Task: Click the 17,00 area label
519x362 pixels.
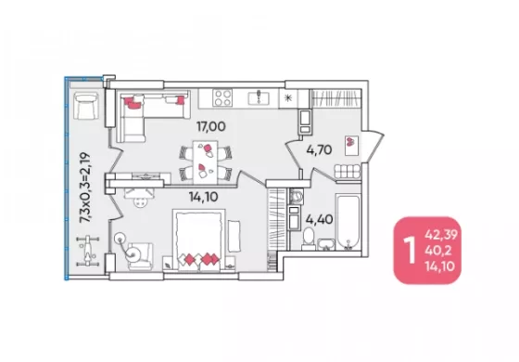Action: click(x=211, y=126)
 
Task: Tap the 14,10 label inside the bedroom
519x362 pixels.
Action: click(x=204, y=197)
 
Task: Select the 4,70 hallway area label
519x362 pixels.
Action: click(x=319, y=150)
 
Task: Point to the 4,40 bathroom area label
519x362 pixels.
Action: click(x=320, y=219)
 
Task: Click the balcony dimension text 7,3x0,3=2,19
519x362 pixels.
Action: click(x=84, y=187)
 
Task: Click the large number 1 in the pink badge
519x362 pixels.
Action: click(x=411, y=251)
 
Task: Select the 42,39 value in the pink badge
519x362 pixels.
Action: click(x=441, y=235)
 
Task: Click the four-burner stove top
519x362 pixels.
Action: click(x=222, y=97)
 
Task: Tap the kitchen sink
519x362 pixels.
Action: click(x=259, y=97)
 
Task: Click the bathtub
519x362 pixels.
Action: click(x=348, y=222)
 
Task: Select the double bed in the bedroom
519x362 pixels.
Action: click(x=198, y=240)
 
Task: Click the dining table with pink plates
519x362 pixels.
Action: click(x=205, y=162)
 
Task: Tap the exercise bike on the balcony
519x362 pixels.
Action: click(x=87, y=251)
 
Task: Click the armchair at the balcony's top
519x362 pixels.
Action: click(x=85, y=106)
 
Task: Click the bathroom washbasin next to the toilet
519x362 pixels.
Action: click(x=326, y=243)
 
